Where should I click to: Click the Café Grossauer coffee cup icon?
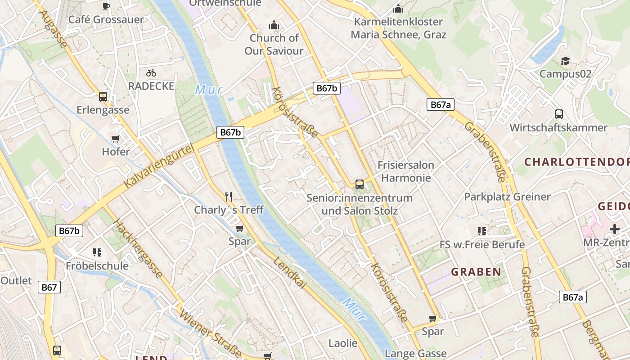106,6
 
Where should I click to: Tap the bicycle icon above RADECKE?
151,72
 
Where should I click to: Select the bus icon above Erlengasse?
103,96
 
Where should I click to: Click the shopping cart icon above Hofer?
116,139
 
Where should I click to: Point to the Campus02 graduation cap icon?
565,61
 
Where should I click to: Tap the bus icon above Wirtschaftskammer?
558,114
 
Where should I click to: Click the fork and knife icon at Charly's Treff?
229,196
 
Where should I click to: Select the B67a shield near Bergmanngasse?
573,297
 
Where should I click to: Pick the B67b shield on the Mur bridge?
231,132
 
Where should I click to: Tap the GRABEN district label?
476,272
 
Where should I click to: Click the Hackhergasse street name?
138,248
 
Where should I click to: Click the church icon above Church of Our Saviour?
274,25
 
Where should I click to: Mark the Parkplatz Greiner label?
507,197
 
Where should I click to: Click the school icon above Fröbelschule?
97,252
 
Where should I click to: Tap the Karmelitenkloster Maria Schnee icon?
398,9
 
